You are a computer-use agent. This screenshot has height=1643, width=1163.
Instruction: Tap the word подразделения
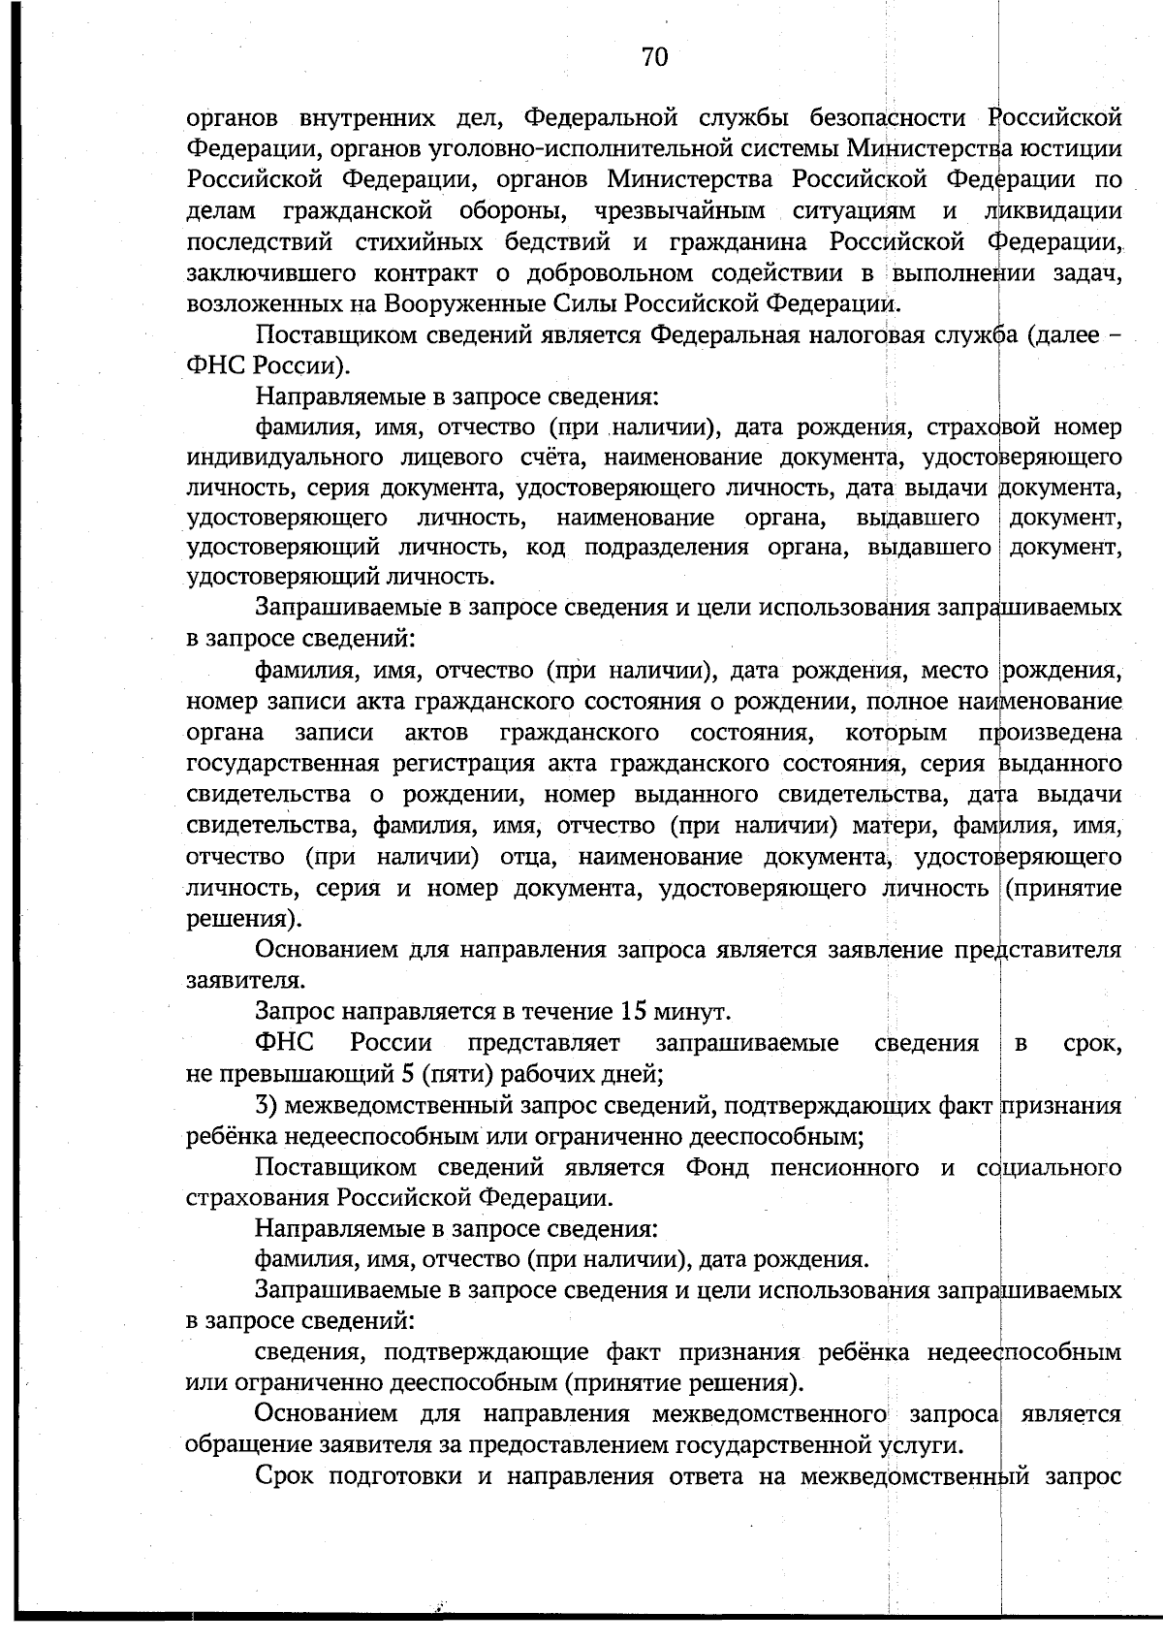(x=669, y=548)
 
